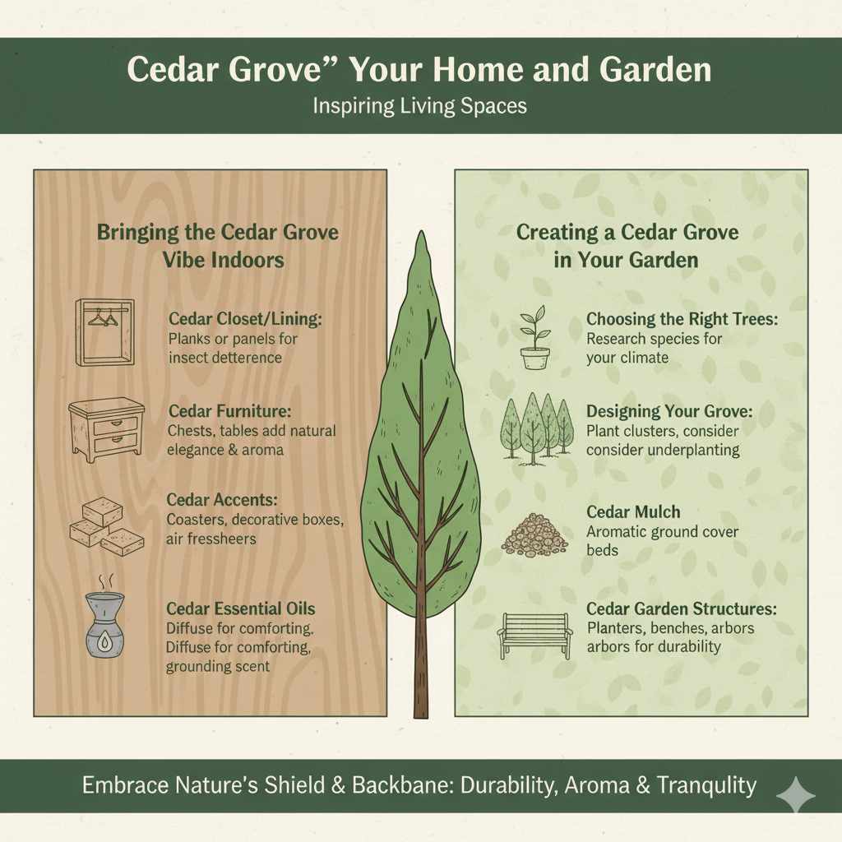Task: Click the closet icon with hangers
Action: point(104,332)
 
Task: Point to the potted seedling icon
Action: point(534,337)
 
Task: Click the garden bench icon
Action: point(535,635)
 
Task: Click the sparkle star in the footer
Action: point(795,794)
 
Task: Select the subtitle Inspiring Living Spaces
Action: point(420,107)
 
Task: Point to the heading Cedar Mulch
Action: point(633,512)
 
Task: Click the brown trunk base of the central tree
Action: point(421,691)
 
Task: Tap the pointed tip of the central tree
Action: point(421,238)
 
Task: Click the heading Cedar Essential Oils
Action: point(240,609)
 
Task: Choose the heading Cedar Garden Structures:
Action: point(682,609)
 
